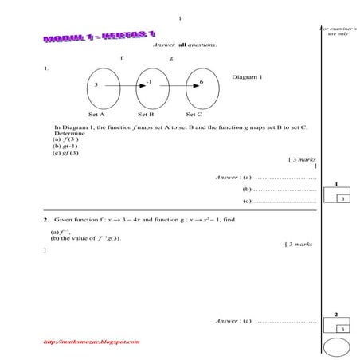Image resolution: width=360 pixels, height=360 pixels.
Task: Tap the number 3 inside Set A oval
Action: [96, 84]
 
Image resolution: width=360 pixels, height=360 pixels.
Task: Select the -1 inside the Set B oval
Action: [149, 82]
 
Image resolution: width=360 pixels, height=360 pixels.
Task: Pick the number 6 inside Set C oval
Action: [202, 82]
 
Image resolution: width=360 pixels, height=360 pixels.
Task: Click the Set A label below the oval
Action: [96, 115]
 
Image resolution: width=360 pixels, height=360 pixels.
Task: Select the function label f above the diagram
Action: [121, 58]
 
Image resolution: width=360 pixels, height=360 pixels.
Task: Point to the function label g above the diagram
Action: [170, 58]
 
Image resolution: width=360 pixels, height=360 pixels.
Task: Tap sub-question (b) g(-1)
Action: [65, 147]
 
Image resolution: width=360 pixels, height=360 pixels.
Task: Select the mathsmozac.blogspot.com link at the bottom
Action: [92, 342]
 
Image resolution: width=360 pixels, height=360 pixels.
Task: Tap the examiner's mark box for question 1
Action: [340, 197]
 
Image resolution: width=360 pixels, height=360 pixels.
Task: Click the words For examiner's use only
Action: [338, 30]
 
